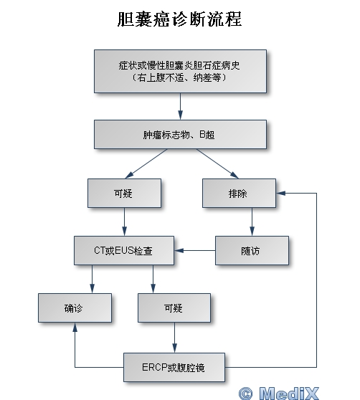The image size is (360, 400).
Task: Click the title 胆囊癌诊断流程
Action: tap(179, 19)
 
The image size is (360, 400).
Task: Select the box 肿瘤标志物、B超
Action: tap(181, 135)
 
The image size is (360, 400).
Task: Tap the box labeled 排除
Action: tap(239, 193)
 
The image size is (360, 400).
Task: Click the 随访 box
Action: tap(252, 250)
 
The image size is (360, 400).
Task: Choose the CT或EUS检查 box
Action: tap(124, 250)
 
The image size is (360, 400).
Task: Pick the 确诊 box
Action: tap(75, 308)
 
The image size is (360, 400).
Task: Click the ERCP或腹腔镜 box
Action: tap(174, 367)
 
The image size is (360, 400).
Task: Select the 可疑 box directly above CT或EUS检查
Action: tap(124, 193)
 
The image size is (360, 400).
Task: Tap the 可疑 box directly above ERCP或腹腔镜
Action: tap(174, 308)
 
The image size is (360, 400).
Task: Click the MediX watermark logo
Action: tap(279, 393)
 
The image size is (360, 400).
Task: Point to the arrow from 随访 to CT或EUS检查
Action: tap(195, 250)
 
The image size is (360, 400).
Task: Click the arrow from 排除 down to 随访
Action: tap(252, 222)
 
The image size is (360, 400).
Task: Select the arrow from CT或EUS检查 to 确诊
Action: tap(92, 279)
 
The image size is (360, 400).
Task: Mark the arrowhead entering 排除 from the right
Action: tap(280, 193)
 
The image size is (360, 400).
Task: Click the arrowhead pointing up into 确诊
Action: tap(75, 328)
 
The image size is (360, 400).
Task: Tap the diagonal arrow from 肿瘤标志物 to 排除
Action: tap(217, 163)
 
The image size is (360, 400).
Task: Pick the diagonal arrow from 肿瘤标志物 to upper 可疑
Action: tap(146, 163)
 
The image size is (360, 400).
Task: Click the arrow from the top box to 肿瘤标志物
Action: tap(181, 106)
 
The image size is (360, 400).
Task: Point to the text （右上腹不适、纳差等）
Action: tap(179, 77)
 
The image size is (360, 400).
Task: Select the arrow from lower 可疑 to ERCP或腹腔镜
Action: tap(174, 338)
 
